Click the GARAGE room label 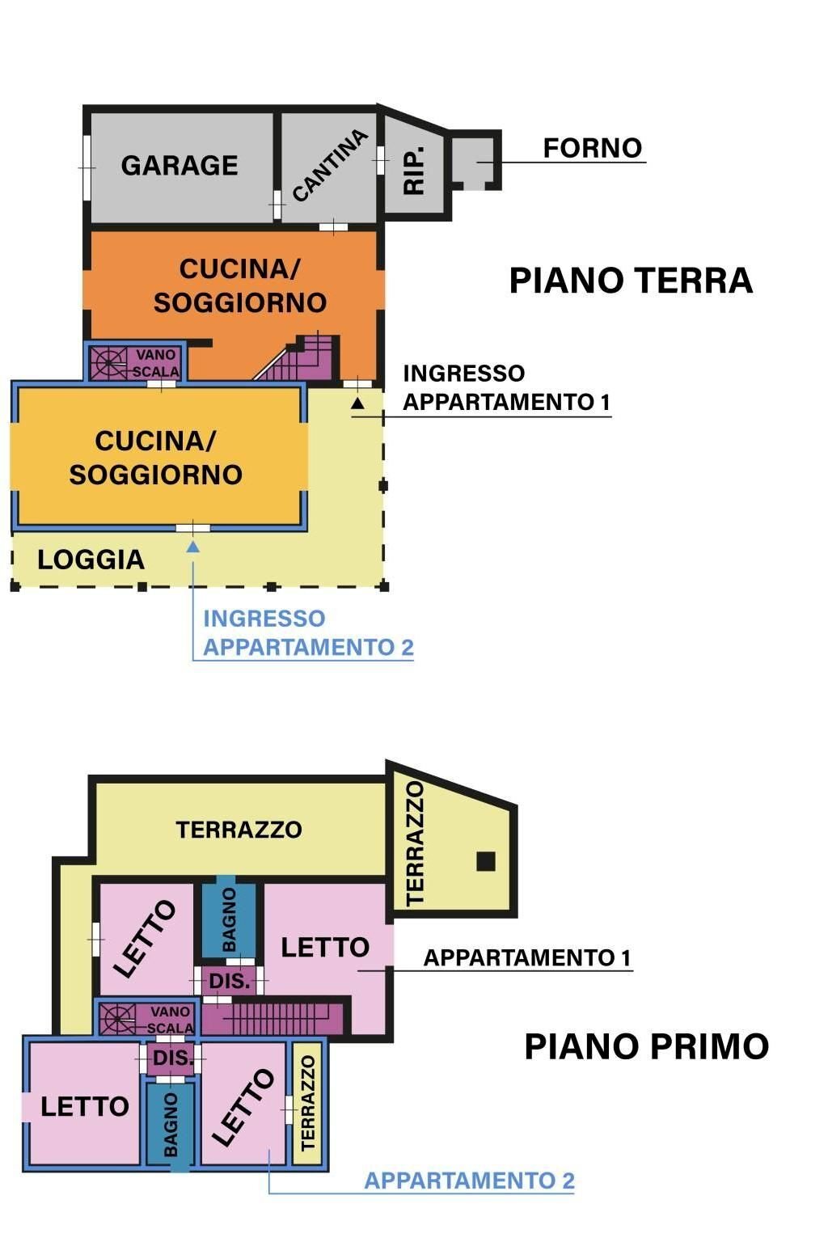coord(180,166)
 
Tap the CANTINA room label coord(330,166)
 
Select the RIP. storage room coord(414,171)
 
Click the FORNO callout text coord(592,148)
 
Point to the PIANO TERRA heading coord(631,281)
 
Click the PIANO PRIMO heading coord(646,1046)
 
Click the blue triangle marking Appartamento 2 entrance coord(192,547)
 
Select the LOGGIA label coord(91,560)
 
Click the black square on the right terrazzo coord(485,862)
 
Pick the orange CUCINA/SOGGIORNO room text coord(240,285)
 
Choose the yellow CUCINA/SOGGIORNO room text coord(155,458)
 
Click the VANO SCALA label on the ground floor coord(155,363)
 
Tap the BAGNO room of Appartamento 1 coord(229,919)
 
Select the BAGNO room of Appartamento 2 coord(171,1125)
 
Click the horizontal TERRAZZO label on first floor coord(239,830)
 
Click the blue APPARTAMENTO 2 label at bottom coord(469,1181)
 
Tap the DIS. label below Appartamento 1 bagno coord(230,981)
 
